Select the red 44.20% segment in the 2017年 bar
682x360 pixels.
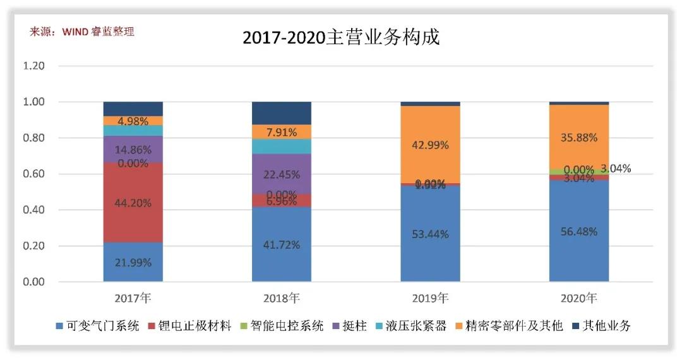point(133,202)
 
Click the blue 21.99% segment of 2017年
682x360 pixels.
point(133,262)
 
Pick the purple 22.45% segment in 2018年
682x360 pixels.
point(282,175)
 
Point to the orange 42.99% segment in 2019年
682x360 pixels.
point(430,144)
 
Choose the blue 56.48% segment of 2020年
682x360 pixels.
point(579,231)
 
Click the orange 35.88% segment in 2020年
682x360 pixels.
point(579,136)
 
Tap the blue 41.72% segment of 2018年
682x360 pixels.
point(282,244)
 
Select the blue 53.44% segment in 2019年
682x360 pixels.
point(430,234)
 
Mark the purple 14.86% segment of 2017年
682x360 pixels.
point(133,150)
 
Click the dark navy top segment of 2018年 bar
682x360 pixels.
point(282,113)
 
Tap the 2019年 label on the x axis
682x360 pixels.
point(430,297)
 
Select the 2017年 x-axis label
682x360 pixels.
point(133,297)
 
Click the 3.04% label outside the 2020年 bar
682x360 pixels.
point(615,169)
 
